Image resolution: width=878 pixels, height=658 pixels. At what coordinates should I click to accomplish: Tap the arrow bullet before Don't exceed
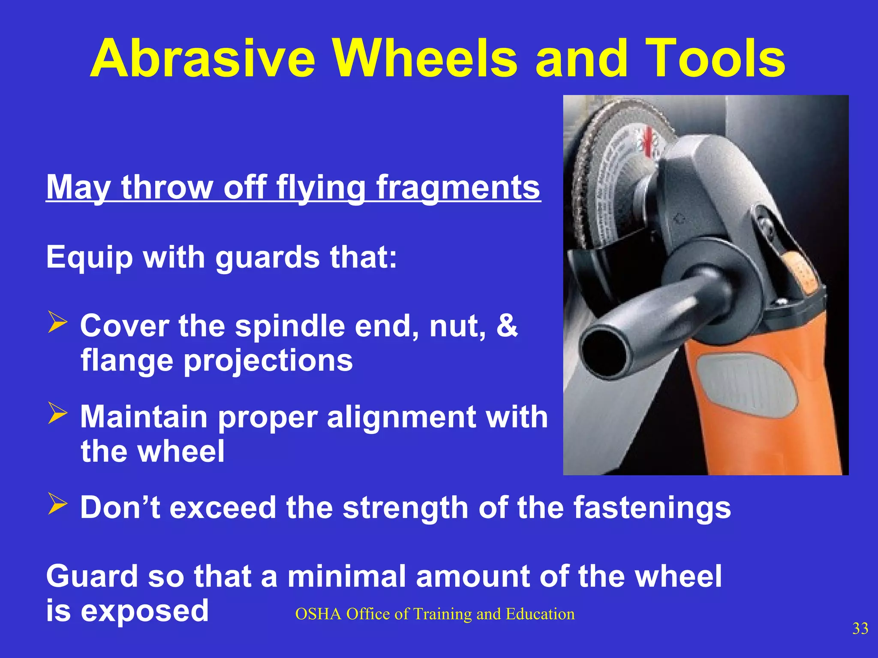point(57,504)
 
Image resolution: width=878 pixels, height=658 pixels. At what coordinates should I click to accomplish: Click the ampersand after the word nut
point(507,326)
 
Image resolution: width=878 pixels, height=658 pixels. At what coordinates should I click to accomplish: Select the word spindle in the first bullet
point(290,326)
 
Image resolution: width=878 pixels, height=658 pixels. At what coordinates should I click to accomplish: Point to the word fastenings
point(652,508)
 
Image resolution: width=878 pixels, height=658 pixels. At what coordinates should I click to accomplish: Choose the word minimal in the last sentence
point(346,577)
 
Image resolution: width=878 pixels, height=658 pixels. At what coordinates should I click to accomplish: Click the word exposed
point(144,612)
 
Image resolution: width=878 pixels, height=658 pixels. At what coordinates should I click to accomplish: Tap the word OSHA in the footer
point(318,614)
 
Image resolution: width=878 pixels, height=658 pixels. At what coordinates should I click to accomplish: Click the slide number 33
point(860,628)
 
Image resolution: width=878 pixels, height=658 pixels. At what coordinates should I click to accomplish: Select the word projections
point(268,361)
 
